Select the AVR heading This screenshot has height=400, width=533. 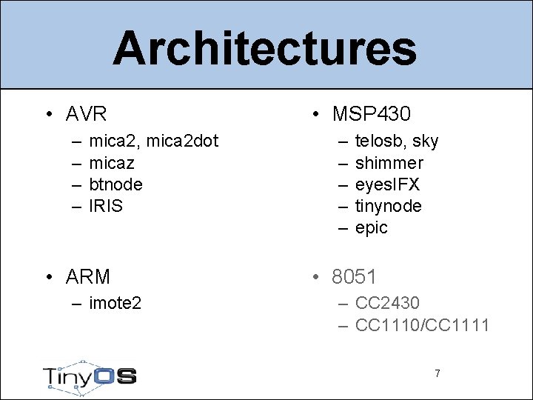86,114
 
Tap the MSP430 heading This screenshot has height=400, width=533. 371,114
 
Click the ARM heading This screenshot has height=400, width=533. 87,277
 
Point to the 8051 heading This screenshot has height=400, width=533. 354,277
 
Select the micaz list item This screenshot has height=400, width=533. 112,162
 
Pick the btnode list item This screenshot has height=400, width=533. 115,184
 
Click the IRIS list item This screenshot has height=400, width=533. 106,205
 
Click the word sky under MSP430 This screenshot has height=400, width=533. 426,141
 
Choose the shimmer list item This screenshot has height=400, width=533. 389,162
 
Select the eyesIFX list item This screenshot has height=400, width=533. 387,184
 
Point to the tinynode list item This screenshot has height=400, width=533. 389,206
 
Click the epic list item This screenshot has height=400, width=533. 372,228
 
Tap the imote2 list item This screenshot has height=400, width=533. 115,303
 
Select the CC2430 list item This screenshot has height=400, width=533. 387,303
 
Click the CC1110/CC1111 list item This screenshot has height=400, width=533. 422,324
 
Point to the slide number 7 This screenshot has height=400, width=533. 437,373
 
